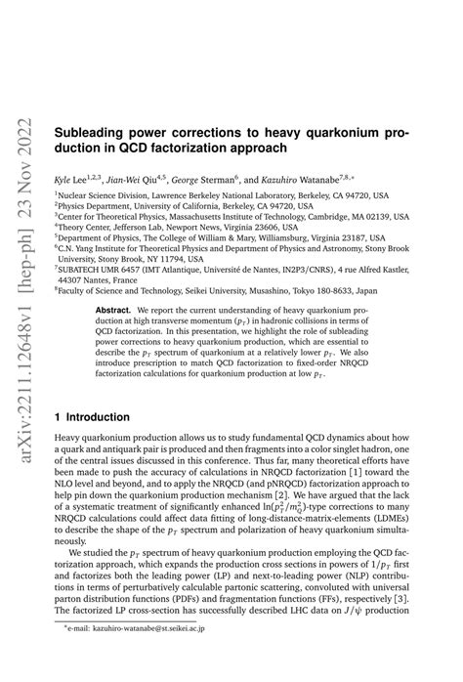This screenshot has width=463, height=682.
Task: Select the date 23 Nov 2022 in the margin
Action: (21, 73)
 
